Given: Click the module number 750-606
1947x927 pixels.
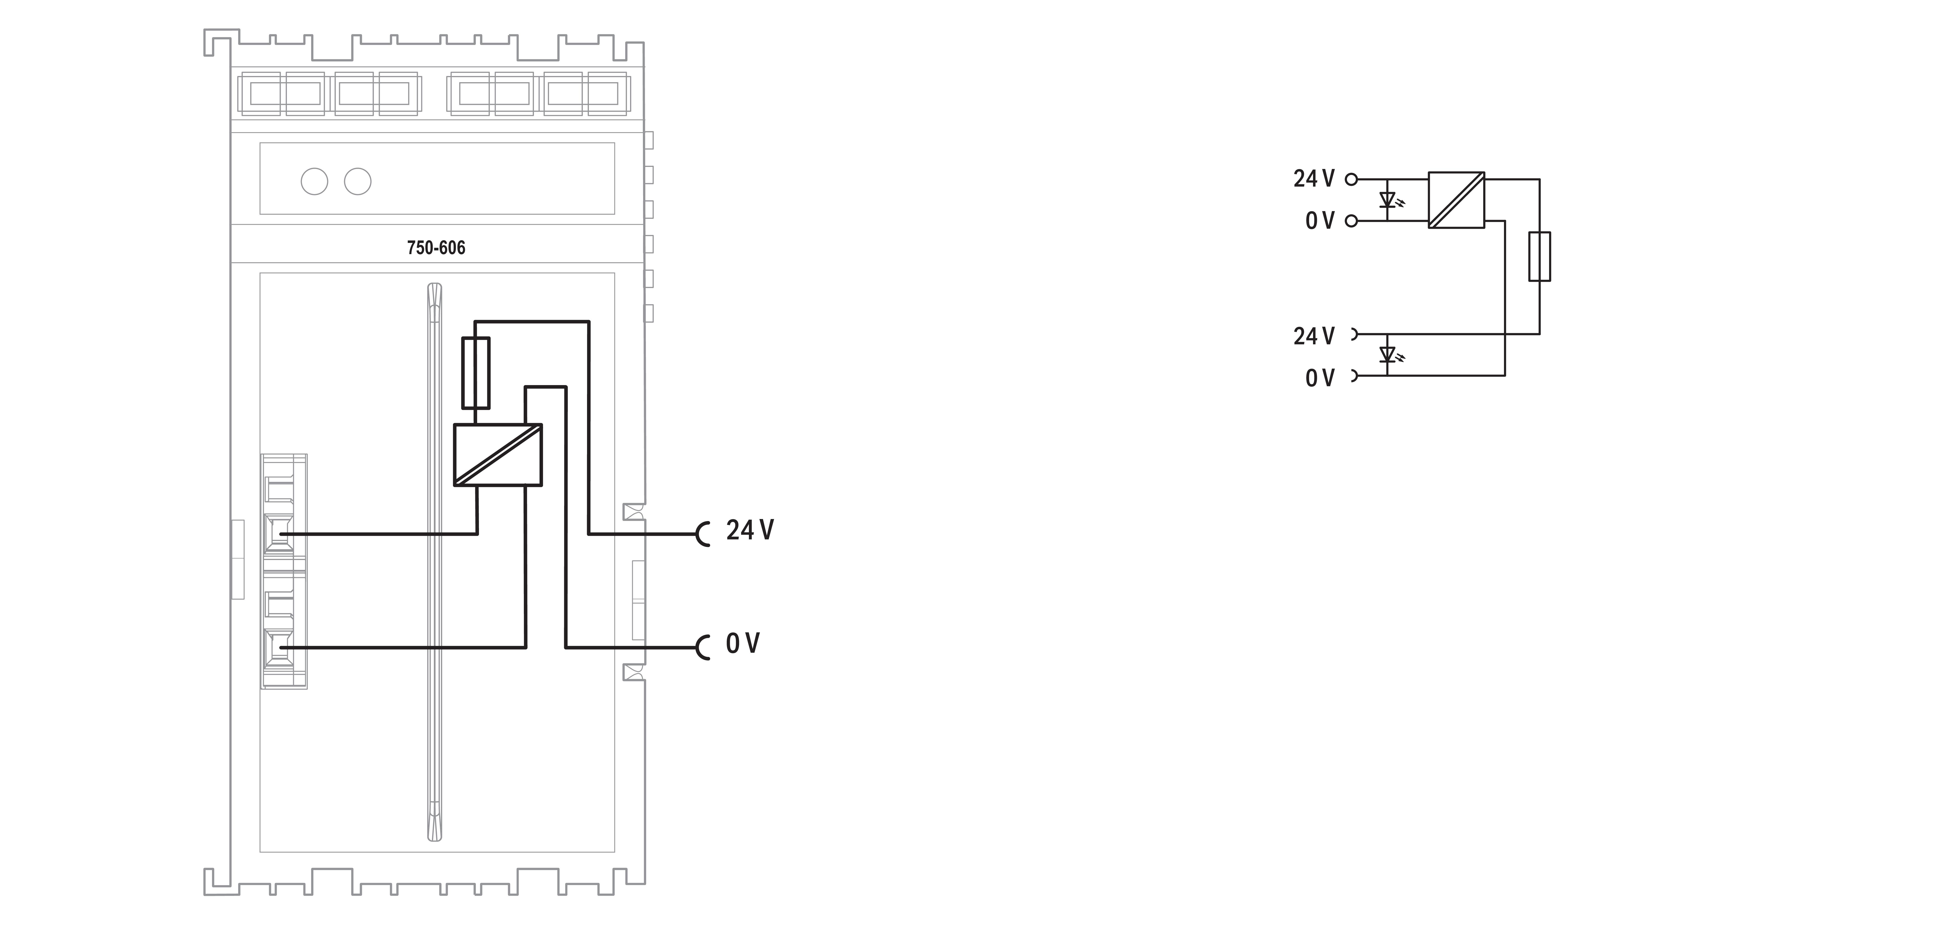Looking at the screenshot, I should point(436,248).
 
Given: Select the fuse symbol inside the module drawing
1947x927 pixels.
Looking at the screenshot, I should point(475,373).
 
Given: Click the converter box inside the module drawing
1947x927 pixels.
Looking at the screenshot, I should point(497,454).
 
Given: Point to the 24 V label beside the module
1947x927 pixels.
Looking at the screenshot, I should point(750,530).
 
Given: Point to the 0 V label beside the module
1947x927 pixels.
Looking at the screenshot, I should point(742,644).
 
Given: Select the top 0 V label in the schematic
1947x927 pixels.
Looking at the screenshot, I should point(1320,221).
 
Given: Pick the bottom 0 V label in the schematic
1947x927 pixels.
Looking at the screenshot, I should point(1320,378).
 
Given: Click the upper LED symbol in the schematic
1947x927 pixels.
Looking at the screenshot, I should point(1388,200).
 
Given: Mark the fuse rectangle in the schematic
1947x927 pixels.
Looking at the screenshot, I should point(1540,257).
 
